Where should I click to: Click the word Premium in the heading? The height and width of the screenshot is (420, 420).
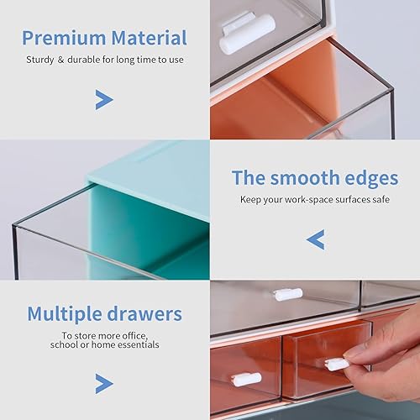click(63, 38)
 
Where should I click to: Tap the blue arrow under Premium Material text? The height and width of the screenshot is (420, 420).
click(103, 101)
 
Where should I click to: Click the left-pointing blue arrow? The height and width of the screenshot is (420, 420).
click(315, 241)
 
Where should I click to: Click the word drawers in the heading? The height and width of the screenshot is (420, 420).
click(147, 314)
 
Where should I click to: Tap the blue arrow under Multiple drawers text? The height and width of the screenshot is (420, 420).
click(103, 384)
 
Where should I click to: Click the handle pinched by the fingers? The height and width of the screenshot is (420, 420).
click(336, 364)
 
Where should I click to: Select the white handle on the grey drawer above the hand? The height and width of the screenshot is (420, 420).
click(287, 294)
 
